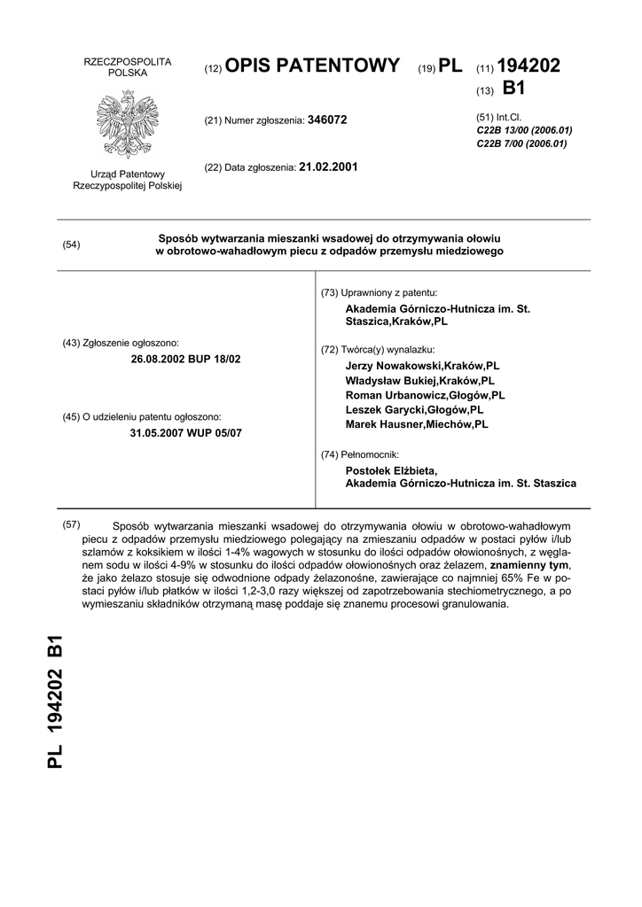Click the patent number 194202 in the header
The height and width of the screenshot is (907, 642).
point(529,66)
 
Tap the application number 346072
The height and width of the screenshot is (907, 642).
point(327,120)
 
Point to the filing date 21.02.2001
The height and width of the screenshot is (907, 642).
point(329,166)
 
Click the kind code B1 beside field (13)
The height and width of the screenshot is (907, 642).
point(514,89)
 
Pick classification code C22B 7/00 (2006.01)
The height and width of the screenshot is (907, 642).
point(519,143)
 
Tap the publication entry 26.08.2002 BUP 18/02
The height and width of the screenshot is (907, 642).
point(185,359)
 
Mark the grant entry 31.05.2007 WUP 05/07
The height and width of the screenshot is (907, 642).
point(185,433)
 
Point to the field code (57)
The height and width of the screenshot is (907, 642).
point(72,524)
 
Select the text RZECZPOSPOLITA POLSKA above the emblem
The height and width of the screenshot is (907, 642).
point(127,66)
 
